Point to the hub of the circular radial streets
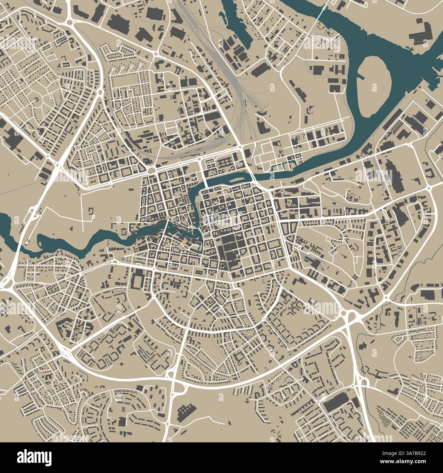pos(36,101)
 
